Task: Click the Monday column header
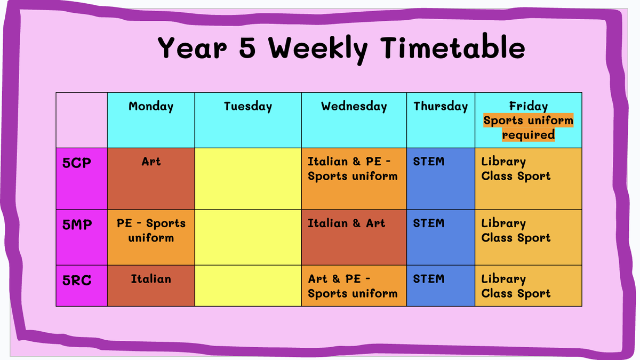point(151,106)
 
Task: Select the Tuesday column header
point(247,106)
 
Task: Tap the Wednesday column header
point(354,106)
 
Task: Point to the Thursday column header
point(441,106)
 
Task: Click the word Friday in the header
point(529,106)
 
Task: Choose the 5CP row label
point(77,163)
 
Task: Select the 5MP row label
point(77,225)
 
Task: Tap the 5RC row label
point(77,280)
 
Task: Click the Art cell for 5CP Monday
point(151,179)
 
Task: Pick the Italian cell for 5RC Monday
point(151,286)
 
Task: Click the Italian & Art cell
point(354,237)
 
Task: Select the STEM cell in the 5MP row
point(441,237)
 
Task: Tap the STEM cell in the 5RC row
point(441,286)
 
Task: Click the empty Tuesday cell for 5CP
point(247,179)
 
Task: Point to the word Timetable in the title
point(453,47)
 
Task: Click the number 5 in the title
point(247,47)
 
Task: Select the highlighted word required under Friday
point(529,134)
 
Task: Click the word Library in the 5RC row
point(503,279)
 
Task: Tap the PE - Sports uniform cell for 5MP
point(151,237)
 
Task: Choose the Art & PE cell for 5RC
point(354,286)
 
